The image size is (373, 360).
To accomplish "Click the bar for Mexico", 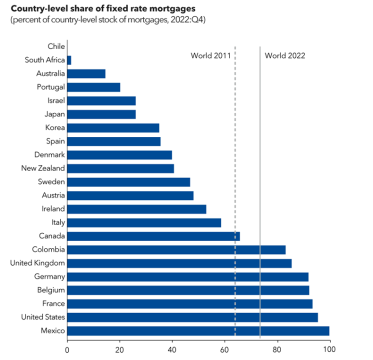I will tap(198, 330).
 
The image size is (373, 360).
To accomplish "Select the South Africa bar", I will tap(69, 60).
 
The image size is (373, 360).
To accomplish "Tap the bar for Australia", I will tap(86, 73).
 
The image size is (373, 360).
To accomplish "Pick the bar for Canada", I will tap(153, 236).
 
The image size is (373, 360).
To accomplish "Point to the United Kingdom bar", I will tap(179, 263).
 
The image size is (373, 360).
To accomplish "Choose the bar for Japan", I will tap(101, 114).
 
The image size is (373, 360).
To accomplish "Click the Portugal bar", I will tap(93, 87).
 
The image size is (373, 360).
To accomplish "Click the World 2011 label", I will tap(210, 55).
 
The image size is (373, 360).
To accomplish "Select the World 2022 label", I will tap(284, 55).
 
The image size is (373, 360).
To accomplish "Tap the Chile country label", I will tap(56, 46).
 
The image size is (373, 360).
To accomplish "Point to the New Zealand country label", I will tap(43, 168).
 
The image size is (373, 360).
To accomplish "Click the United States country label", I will tap(43, 317).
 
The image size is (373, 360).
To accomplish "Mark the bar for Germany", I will tap(187, 276).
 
